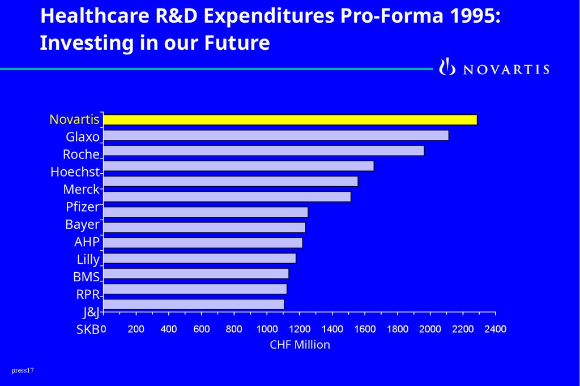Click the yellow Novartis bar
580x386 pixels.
[289, 119]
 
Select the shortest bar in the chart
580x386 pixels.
[193, 304]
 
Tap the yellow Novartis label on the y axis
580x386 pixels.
[74, 119]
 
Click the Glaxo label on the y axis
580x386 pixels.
[83, 137]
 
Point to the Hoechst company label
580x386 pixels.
[75, 172]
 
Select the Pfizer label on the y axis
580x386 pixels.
[82, 207]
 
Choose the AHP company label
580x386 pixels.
[87, 242]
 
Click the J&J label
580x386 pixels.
[91, 312]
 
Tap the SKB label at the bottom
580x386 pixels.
[88, 329]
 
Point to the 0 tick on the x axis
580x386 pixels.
[103, 329]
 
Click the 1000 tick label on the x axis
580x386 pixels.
[267, 329]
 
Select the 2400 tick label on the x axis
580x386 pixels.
[495, 329]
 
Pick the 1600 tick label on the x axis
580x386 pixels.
[365, 329]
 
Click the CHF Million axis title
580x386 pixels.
[300, 344]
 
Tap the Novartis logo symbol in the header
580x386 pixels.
[447, 67]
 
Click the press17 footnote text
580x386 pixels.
[23, 371]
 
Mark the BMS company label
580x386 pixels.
[86, 277]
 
